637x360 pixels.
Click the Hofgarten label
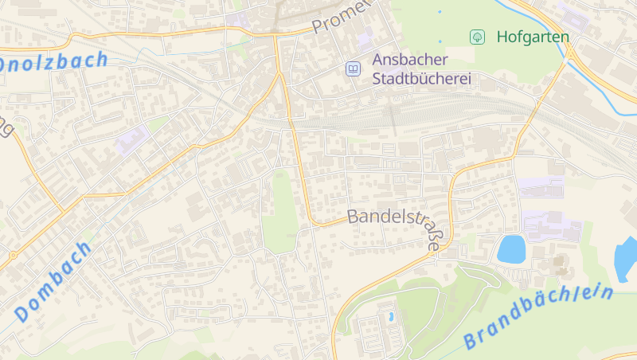pos(533,37)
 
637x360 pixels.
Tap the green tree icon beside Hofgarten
pos(477,37)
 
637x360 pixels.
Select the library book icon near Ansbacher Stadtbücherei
pos(353,69)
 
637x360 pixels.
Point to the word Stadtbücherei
pos(422,79)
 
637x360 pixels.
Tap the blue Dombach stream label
pos(53,281)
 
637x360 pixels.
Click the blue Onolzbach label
pos(52,61)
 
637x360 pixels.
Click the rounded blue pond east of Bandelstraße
pos(510,249)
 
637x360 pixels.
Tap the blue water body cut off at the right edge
pos(627,260)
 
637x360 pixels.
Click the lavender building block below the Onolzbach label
pos(132,142)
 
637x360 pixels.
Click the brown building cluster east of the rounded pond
pos(558,264)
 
